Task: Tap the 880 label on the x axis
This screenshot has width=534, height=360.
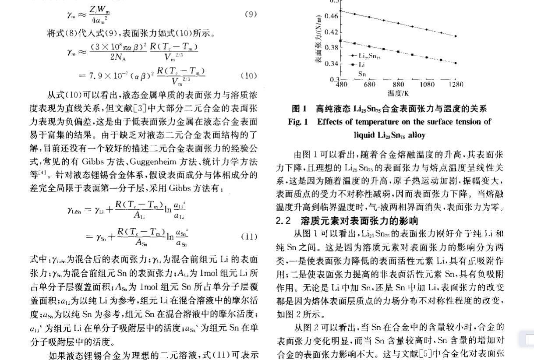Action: click(x=398, y=85)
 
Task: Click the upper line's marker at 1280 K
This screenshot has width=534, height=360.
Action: click(x=456, y=36)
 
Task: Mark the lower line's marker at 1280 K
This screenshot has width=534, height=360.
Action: click(x=456, y=63)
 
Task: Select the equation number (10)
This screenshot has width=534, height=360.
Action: click(x=248, y=76)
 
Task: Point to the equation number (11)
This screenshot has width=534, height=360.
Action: click(x=249, y=237)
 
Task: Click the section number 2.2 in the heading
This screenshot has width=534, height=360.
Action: click(x=283, y=221)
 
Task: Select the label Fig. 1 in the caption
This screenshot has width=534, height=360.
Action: click(x=298, y=122)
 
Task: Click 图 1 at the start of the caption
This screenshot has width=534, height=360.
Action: click(x=299, y=109)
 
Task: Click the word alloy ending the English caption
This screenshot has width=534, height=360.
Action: click(x=414, y=135)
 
